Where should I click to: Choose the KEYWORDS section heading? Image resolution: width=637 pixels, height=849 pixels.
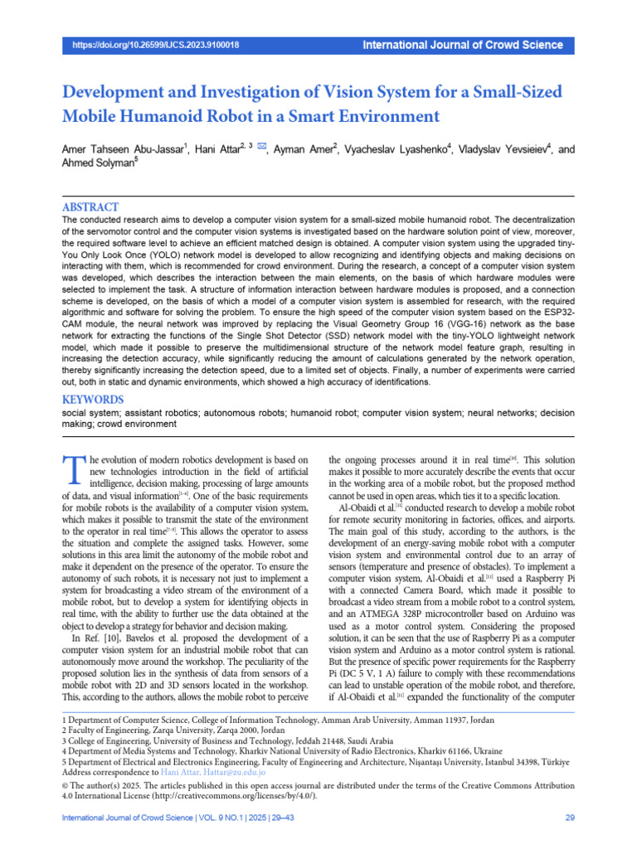pos(95,399)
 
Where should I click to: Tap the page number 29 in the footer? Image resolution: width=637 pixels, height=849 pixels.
pos(569,818)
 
